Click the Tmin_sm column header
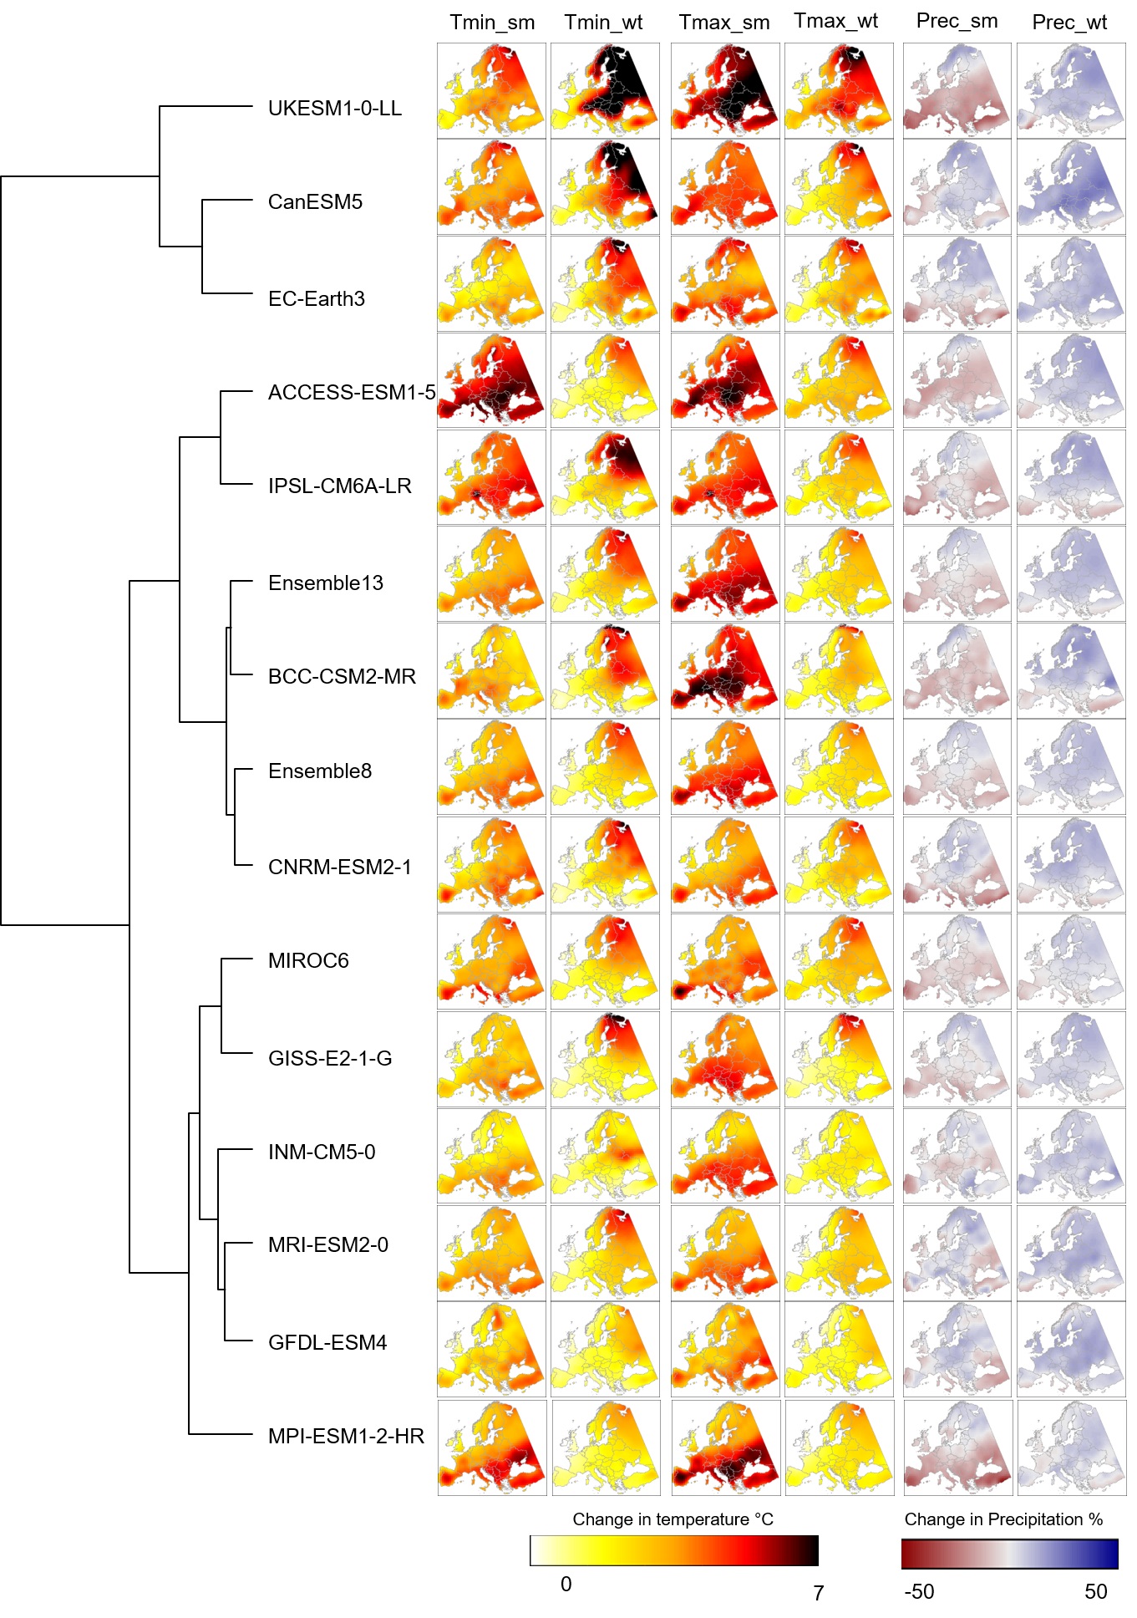click(x=492, y=23)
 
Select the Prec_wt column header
click(x=1069, y=23)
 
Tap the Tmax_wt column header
click(x=835, y=21)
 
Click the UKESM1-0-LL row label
click(x=334, y=108)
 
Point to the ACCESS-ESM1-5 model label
click(x=352, y=393)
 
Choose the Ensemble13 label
click(x=325, y=583)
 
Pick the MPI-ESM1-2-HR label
click(x=346, y=1436)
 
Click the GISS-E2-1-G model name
click(x=330, y=1058)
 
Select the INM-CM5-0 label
click(x=322, y=1152)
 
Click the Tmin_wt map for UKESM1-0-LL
click(x=605, y=90)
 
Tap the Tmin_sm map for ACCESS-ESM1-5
click(x=491, y=380)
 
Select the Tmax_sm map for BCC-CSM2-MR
click(x=724, y=670)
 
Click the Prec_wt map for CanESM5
click(x=1070, y=186)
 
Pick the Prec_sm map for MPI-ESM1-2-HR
click(x=957, y=1448)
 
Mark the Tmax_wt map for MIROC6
click(x=838, y=961)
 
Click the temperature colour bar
click(x=673, y=1550)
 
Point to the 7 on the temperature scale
click(x=819, y=1593)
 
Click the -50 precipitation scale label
click(x=919, y=1591)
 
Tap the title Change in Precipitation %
click(x=1003, y=1519)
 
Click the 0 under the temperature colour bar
click(x=566, y=1584)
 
